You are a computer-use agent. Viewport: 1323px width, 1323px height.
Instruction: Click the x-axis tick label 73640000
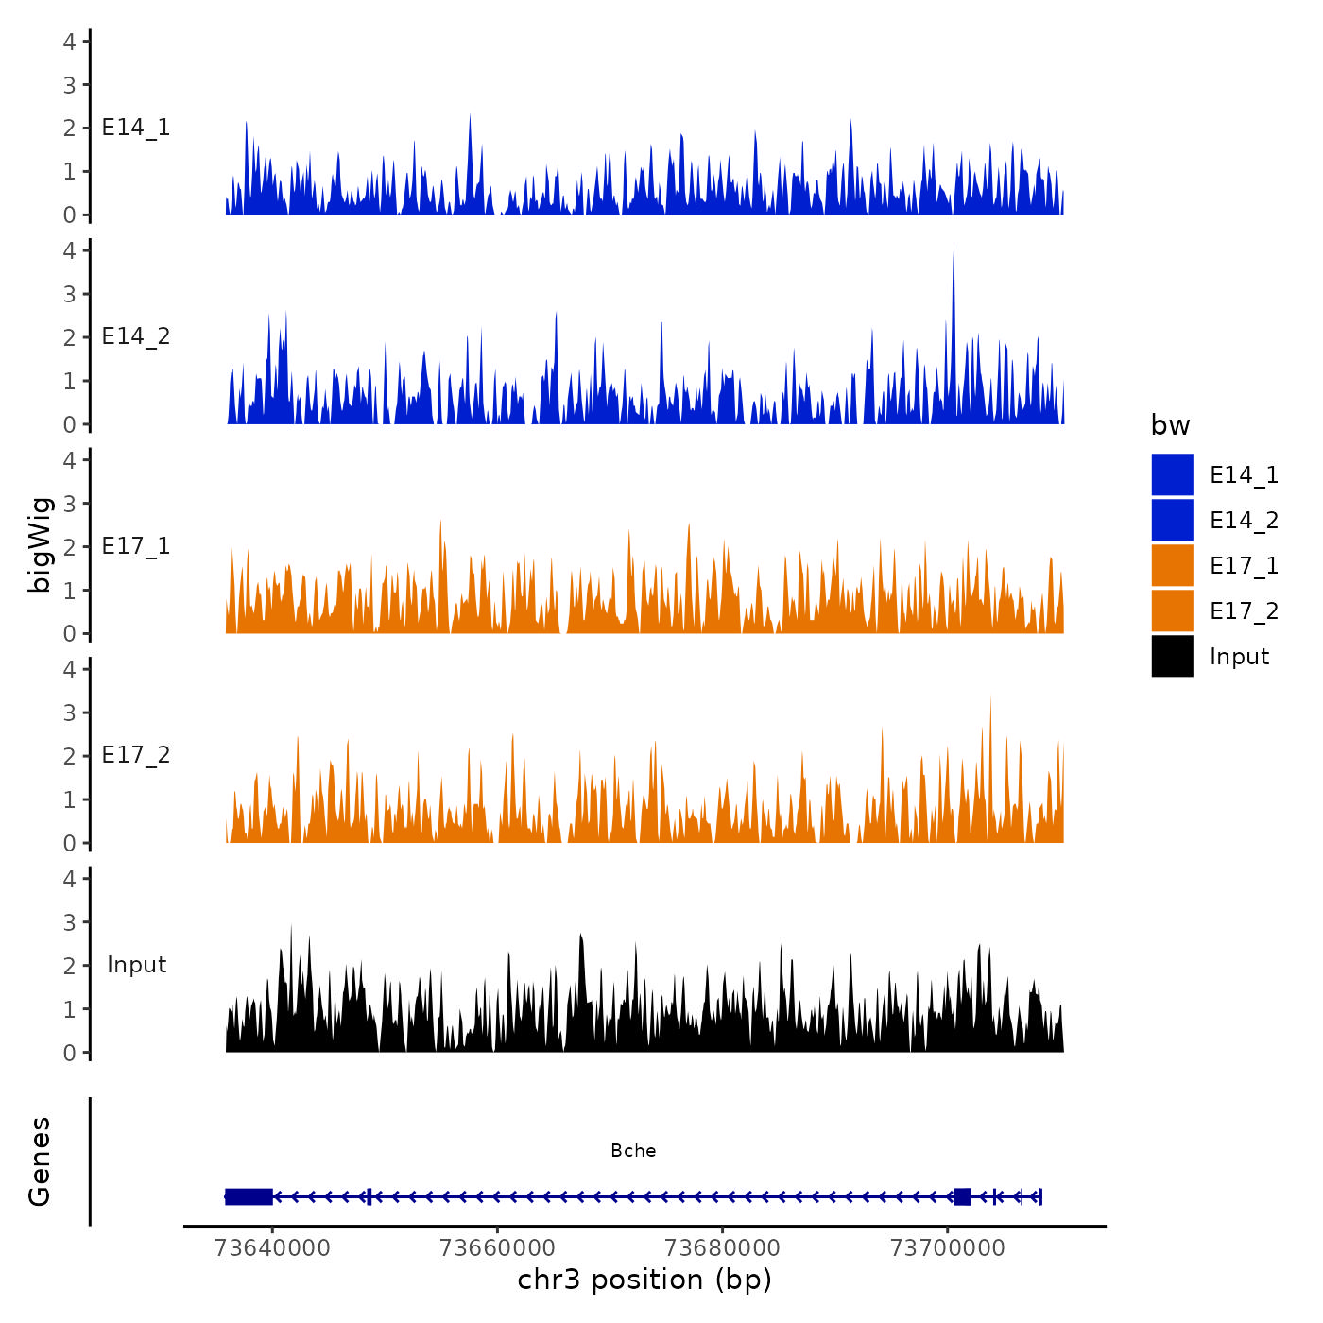(272, 1248)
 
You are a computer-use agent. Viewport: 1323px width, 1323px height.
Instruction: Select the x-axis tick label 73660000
(498, 1248)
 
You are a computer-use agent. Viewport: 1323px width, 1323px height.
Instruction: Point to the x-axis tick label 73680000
(723, 1248)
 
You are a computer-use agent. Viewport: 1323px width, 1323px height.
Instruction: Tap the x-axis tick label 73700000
(948, 1248)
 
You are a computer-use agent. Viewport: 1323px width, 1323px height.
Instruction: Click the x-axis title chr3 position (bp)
(644, 1280)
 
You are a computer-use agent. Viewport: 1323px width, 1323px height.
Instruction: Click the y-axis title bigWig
(41, 545)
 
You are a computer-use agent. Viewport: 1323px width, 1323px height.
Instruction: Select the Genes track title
(41, 1161)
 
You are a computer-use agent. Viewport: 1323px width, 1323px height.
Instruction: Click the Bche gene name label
(633, 1151)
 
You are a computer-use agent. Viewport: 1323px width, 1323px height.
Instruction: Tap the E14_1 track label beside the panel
(136, 128)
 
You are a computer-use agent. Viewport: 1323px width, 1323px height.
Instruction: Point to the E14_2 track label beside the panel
(136, 336)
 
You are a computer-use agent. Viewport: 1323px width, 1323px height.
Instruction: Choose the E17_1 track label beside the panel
(136, 546)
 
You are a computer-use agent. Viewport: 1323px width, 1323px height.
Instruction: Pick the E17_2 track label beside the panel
(136, 755)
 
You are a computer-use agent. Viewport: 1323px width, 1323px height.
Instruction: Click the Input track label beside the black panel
(136, 965)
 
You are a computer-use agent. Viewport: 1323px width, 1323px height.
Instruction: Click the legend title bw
(1170, 426)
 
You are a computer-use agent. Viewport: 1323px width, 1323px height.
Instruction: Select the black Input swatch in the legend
(1172, 656)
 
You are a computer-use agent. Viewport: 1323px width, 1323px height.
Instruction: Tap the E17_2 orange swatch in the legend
(1172, 610)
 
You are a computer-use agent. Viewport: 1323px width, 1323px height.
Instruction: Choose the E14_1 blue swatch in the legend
(1172, 474)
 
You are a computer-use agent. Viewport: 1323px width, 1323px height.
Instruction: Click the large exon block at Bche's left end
(249, 1196)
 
